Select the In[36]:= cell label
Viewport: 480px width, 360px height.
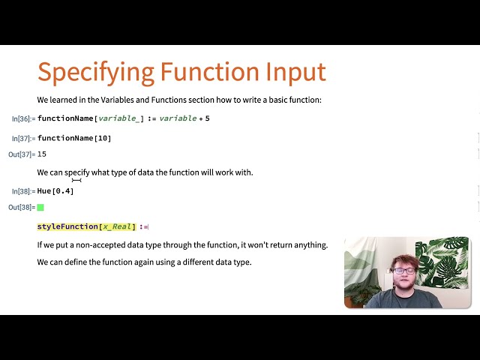pos(23,118)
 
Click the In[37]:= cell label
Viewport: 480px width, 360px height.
pos(23,139)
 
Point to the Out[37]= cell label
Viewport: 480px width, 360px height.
pos(22,154)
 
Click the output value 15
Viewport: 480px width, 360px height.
pos(42,154)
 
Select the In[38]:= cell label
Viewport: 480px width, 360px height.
pos(23,191)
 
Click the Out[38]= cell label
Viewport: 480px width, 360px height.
pos(22,207)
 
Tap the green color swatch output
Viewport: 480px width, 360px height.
pos(40,207)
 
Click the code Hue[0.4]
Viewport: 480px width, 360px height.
pos(55,191)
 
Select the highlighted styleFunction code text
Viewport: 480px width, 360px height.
pos(67,226)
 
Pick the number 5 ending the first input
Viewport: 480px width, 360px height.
pos(207,118)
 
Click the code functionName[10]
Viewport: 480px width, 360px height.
pos(74,139)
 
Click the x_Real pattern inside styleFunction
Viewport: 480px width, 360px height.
pos(118,226)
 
